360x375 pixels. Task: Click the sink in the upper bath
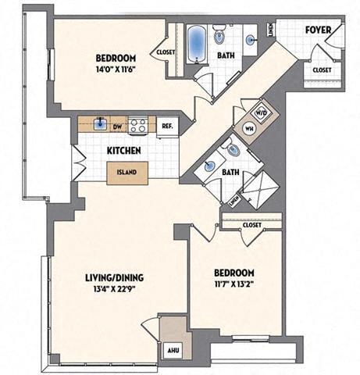tap(250, 39)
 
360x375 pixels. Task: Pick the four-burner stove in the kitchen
tap(139, 123)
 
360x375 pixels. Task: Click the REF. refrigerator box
tap(166, 125)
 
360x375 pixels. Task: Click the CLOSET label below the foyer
tap(321, 70)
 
